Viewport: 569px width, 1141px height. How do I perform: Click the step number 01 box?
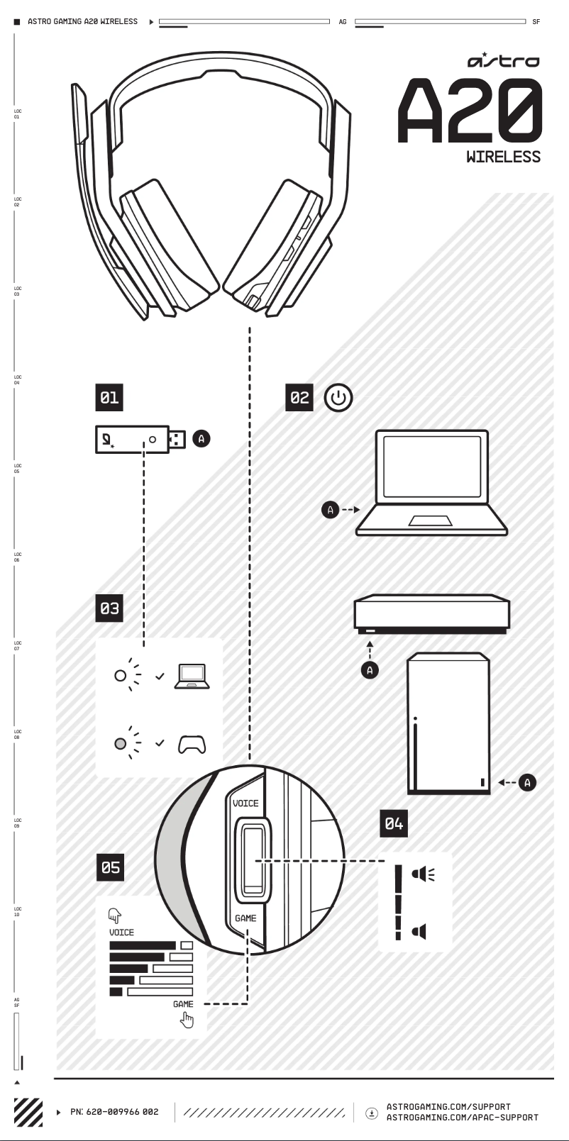tap(109, 397)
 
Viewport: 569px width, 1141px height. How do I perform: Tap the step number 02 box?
tap(299, 397)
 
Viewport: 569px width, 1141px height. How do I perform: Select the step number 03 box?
tap(109, 608)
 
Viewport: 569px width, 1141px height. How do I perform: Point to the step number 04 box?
tap(394, 823)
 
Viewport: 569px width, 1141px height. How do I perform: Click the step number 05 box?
tap(111, 867)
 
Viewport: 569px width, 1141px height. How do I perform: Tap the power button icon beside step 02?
tap(338, 398)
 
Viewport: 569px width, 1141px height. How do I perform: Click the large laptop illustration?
tap(431, 483)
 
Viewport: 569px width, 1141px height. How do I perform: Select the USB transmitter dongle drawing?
tap(140, 440)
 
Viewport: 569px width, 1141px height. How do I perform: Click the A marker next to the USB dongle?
tap(201, 439)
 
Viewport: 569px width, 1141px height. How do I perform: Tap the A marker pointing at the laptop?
tap(331, 509)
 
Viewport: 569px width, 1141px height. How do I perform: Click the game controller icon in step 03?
tap(192, 744)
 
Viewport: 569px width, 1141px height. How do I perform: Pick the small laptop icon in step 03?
tap(192, 676)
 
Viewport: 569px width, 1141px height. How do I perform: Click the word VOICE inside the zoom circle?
tap(245, 803)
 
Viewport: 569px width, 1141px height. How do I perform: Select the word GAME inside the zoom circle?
tap(245, 918)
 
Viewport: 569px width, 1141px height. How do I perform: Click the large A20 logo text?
tap(470, 111)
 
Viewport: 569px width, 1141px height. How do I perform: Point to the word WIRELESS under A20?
tap(503, 157)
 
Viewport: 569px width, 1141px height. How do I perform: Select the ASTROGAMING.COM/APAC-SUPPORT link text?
tap(462, 1118)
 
